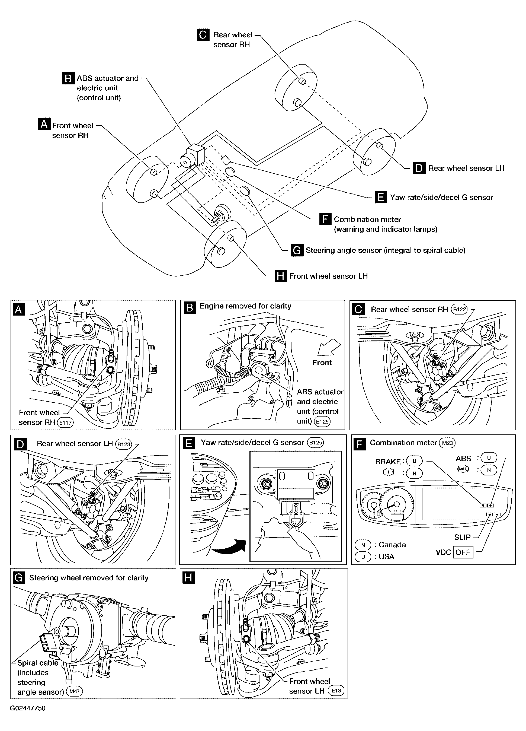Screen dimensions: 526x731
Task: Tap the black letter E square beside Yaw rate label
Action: coord(381,197)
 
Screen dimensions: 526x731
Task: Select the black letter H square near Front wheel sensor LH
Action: coord(281,276)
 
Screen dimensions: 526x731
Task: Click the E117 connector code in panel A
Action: coord(65,422)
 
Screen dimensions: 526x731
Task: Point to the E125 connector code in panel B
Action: coord(322,421)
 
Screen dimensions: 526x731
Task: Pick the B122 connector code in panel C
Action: coord(459,309)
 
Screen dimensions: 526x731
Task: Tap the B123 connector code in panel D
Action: coord(124,444)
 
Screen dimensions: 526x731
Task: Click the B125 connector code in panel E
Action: coord(315,443)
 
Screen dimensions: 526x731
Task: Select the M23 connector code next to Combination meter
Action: coord(447,443)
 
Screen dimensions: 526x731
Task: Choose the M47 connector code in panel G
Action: coord(74,691)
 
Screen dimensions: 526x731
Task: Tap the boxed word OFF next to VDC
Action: coord(463,552)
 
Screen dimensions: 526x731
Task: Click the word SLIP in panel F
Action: coord(463,537)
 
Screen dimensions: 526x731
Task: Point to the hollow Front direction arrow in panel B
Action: coord(329,347)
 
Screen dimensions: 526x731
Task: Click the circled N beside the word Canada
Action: coord(363,545)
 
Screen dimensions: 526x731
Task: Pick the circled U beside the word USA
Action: coord(363,557)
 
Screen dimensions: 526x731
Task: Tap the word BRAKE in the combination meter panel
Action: coord(388,462)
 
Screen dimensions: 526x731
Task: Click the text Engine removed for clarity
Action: coord(245,306)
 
